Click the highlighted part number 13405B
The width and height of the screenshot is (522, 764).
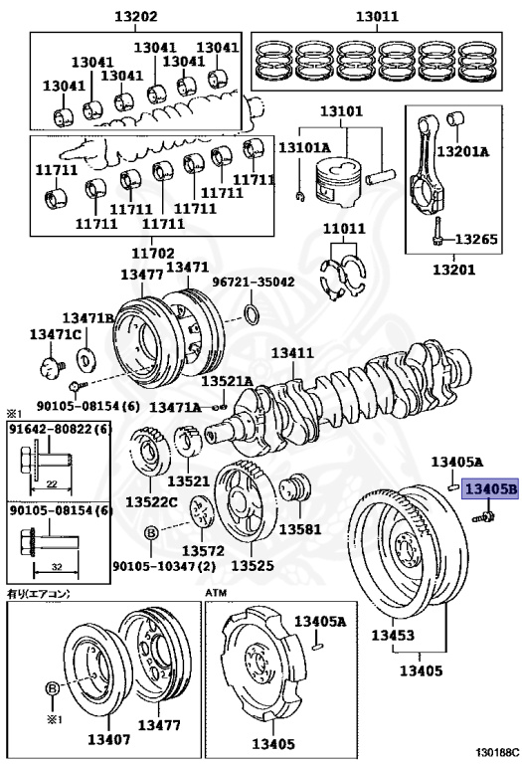pos(491,488)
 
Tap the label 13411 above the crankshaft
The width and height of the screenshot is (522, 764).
pos(292,353)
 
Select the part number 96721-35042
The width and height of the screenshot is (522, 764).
pos(254,283)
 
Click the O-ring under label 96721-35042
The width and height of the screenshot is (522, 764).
pos(252,314)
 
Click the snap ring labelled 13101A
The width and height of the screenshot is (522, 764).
pos(300,196)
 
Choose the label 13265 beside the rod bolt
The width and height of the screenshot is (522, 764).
pos(476,239)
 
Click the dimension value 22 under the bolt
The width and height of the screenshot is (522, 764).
pos(51,483)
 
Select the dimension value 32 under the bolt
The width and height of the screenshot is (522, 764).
pos(56,567)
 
